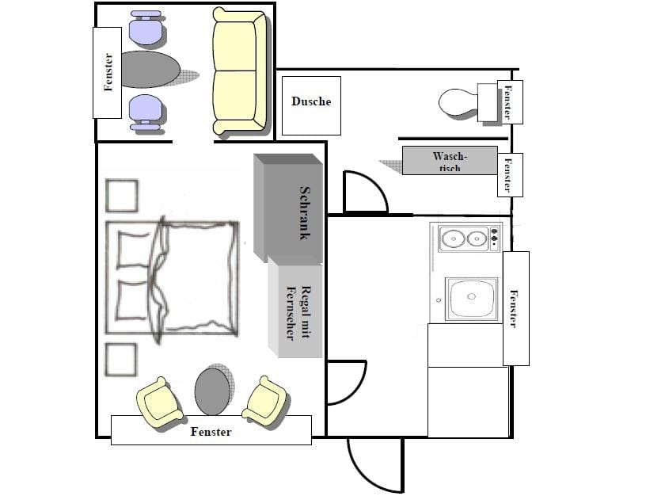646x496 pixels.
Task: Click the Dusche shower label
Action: click(311, 101)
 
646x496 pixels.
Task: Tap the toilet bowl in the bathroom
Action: click(458, 103)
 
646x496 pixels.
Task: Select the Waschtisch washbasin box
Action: click(450, 160)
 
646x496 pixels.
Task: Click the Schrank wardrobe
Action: click(288, 208)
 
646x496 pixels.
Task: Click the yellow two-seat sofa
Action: click(239, 72)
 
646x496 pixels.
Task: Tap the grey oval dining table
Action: click(150, 69)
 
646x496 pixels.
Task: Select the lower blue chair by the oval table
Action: click(146, 113)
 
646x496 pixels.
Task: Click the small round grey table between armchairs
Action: click(211, 391)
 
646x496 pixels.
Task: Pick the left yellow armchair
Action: click(159, 403)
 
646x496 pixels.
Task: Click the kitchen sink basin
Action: click(471, 298)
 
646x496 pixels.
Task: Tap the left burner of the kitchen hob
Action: click(452, 238)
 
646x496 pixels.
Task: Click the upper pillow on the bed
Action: click(133, 250)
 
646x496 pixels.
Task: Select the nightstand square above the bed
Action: click(122, 196)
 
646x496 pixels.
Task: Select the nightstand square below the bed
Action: click(120, 360)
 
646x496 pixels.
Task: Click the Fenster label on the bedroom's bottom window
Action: click(211, 432)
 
